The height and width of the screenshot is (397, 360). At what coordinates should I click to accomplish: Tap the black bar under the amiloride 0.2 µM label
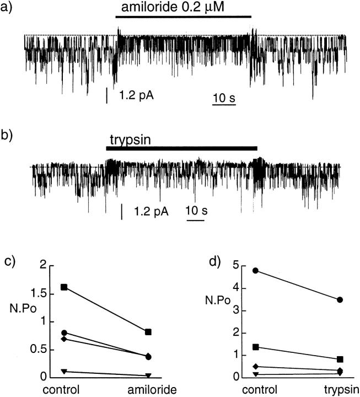tap(183, 17)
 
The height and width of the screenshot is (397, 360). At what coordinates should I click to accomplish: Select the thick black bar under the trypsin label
tap(181, 148)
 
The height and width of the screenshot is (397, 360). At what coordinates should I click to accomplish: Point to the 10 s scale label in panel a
tap(223, 98)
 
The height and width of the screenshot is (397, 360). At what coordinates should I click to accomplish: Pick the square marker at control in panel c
tap(65, 287)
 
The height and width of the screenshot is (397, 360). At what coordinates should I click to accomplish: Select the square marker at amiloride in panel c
tap(148, 332)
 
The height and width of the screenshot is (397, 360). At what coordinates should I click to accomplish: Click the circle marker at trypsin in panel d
tap(340, 300)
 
